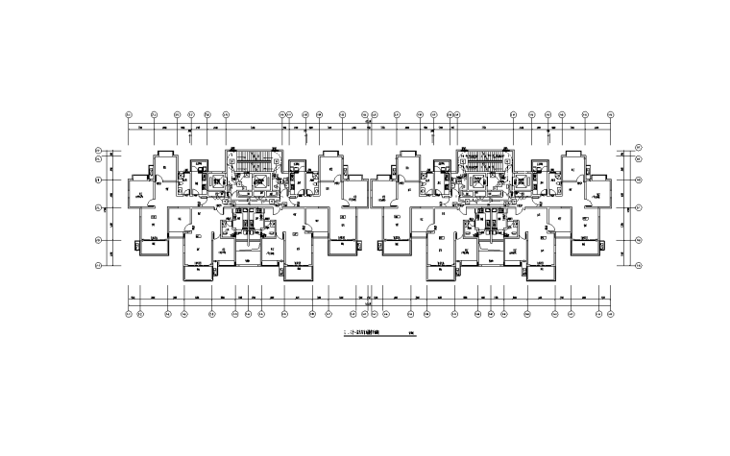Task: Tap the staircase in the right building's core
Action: pos(485,157)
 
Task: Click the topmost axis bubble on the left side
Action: pos(99,152)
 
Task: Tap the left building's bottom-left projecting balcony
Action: pos(151,248)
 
